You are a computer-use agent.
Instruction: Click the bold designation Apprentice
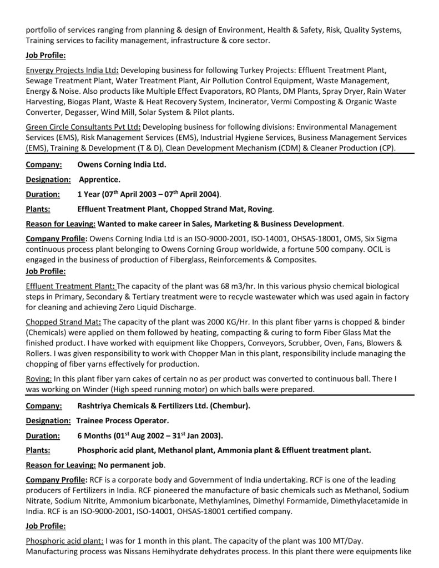pos(99,179)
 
